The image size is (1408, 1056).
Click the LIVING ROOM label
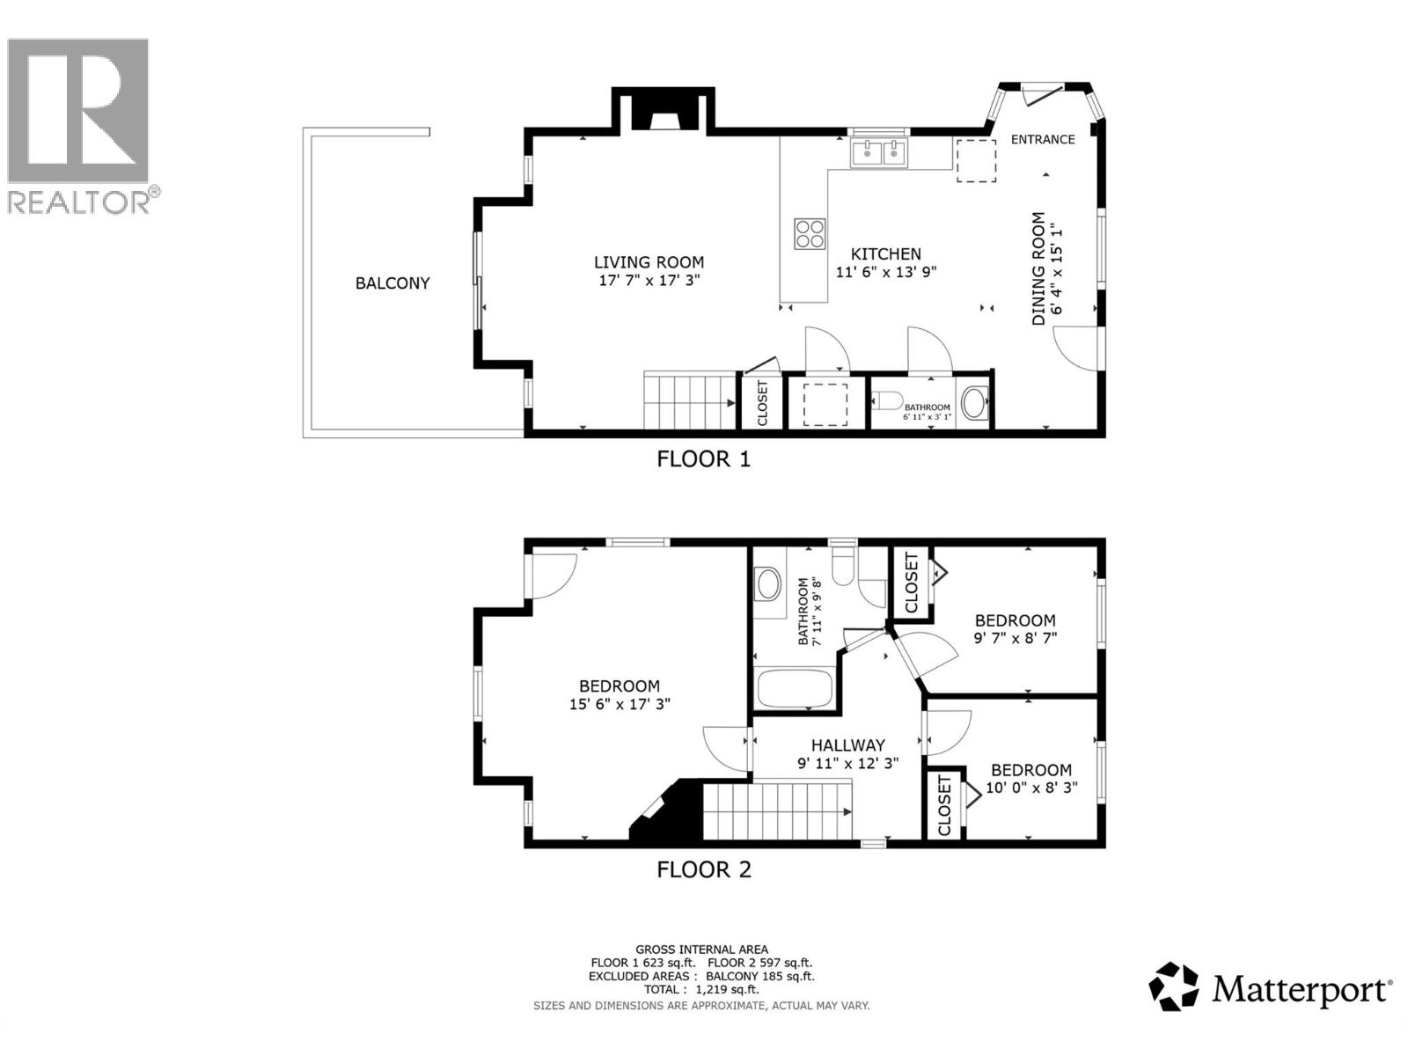pyautogui.click(x=649, y=262)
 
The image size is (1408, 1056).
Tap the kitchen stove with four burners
pyautogui.click(x=810, y=234)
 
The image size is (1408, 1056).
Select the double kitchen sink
pyautogui.click(x=879, y=152)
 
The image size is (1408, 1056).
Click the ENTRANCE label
pyautogui.click(x=1043, y=139)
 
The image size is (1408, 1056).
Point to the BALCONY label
pyautogui.click(x=392, y=283)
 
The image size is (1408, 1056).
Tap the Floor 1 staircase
pyautogui.click(x=689, y=401)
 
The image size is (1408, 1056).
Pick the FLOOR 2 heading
pyautogui.click(x=704, y=870)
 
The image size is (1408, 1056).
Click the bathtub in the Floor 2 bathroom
pyautogui.click(x=794, y=689)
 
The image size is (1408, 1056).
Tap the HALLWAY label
pyautogui.click(x=847, y=745)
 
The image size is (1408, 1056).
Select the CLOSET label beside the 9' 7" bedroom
pyautogui.click(x=911, y=583)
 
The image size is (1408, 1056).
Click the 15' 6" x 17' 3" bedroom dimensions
pyautogui.click(x=620, y=704)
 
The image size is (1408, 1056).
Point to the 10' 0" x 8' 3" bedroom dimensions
pyautogui.click(x=1031, y=788)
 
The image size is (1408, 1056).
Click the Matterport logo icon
pyautogui.click(x=1174, y=986)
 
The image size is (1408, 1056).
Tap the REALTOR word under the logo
pyautogui.click(x=79, y=202)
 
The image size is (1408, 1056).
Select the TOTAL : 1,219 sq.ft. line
pyautogui.click(x=701, y=989)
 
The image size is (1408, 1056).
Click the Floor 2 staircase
pyautogui.click(x=778, y=810)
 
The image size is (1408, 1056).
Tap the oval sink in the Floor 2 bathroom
pyautogui.click(x=768, y=583)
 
